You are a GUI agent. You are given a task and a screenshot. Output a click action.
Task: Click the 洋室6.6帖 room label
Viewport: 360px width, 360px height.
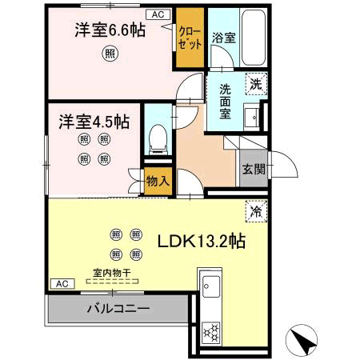click(x=110, y=30)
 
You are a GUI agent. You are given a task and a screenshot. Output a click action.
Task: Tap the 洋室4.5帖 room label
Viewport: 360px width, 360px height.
click(x=94, y=122)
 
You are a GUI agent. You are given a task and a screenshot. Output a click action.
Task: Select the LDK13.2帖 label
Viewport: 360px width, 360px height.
click(x=202, y=241)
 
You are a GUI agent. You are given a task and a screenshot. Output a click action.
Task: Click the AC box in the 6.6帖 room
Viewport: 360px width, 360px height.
click(x=158, y=14)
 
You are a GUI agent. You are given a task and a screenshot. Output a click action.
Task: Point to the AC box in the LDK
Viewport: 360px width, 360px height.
click(x=62, y=284)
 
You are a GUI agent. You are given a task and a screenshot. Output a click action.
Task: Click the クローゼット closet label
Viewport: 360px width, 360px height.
click(x=190, y=38)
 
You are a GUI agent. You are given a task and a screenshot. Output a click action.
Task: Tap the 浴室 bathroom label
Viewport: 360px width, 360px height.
click(x=224, y=38)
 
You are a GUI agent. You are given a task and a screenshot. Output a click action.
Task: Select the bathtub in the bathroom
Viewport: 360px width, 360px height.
click(x=254, y=38)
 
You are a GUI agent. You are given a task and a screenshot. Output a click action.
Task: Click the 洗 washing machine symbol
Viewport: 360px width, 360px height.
click(x=256, y=84)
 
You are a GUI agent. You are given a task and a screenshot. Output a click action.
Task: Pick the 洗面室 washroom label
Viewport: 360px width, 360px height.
click(x=225, y=102)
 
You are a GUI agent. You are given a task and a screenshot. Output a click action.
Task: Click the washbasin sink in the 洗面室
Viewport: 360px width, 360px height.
click(x=251, y=117)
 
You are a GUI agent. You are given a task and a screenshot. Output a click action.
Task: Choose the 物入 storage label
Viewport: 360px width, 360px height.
click(x=158, y=182)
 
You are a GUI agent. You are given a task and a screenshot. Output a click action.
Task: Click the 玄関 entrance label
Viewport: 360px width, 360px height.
click(x=254, y=169)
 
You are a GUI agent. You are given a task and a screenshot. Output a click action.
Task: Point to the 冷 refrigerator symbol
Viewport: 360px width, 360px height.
click(x=256, y=211)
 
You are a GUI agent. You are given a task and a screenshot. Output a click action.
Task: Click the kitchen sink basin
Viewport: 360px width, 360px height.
click(x=211, y=286)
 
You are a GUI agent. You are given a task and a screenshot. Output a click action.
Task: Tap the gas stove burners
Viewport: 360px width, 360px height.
click(x=211, y=332)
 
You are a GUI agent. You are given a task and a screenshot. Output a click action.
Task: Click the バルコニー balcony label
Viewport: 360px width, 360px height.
click(x=118, y=309)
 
